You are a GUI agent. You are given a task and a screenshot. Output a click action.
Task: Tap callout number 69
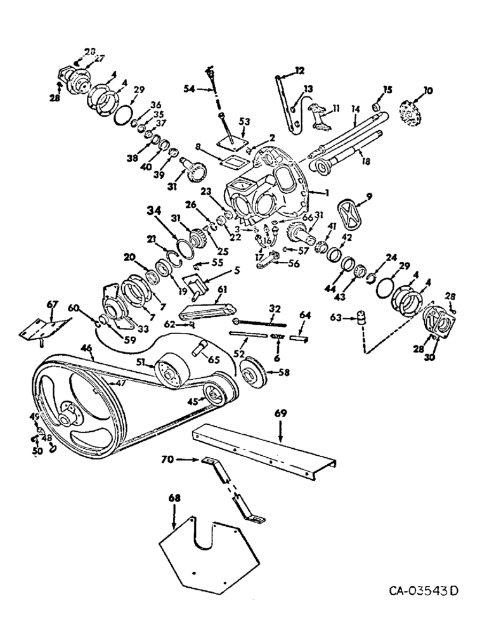click(281, 413)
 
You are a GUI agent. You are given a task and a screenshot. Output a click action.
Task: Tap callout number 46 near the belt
click(85, 348)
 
